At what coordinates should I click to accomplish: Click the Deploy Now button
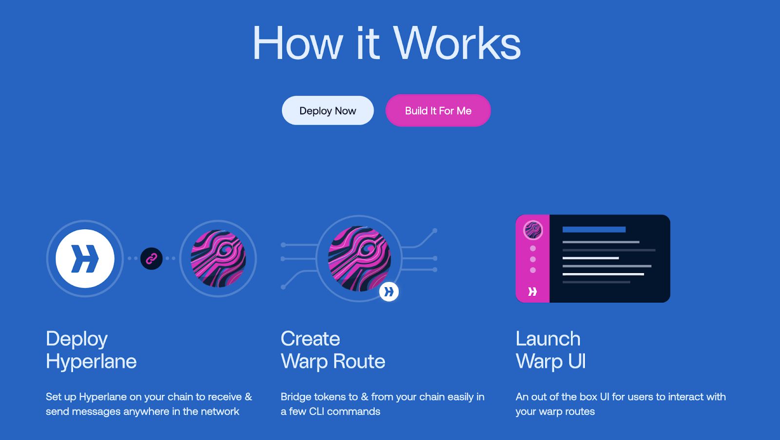(x=328, y=110)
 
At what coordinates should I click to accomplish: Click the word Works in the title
(x=457, y=43)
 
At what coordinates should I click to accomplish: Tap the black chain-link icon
(x=152, y=258)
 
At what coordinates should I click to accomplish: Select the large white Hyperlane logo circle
(x=85, y=258)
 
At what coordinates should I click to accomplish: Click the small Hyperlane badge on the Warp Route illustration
(x=389, y=292)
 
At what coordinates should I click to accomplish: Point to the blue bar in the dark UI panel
(x=594, y=229)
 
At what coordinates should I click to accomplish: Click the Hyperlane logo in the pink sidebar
(x=532, y=291)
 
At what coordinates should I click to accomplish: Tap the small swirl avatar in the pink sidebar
(x=533, y=230)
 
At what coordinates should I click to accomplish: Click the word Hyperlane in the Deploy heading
(x=91, y=362)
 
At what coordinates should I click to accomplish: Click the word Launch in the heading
(x=548, y=338)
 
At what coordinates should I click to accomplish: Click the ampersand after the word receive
(x=248, y=397)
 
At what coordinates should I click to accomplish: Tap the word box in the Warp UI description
(x=588, y=397)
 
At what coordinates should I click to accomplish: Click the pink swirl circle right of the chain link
(x=218, y=258)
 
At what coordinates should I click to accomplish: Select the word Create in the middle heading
(x=310, y=338)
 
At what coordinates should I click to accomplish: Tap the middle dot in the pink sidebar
(x=533, y=259)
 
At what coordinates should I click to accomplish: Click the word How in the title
(x=298, y=43)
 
